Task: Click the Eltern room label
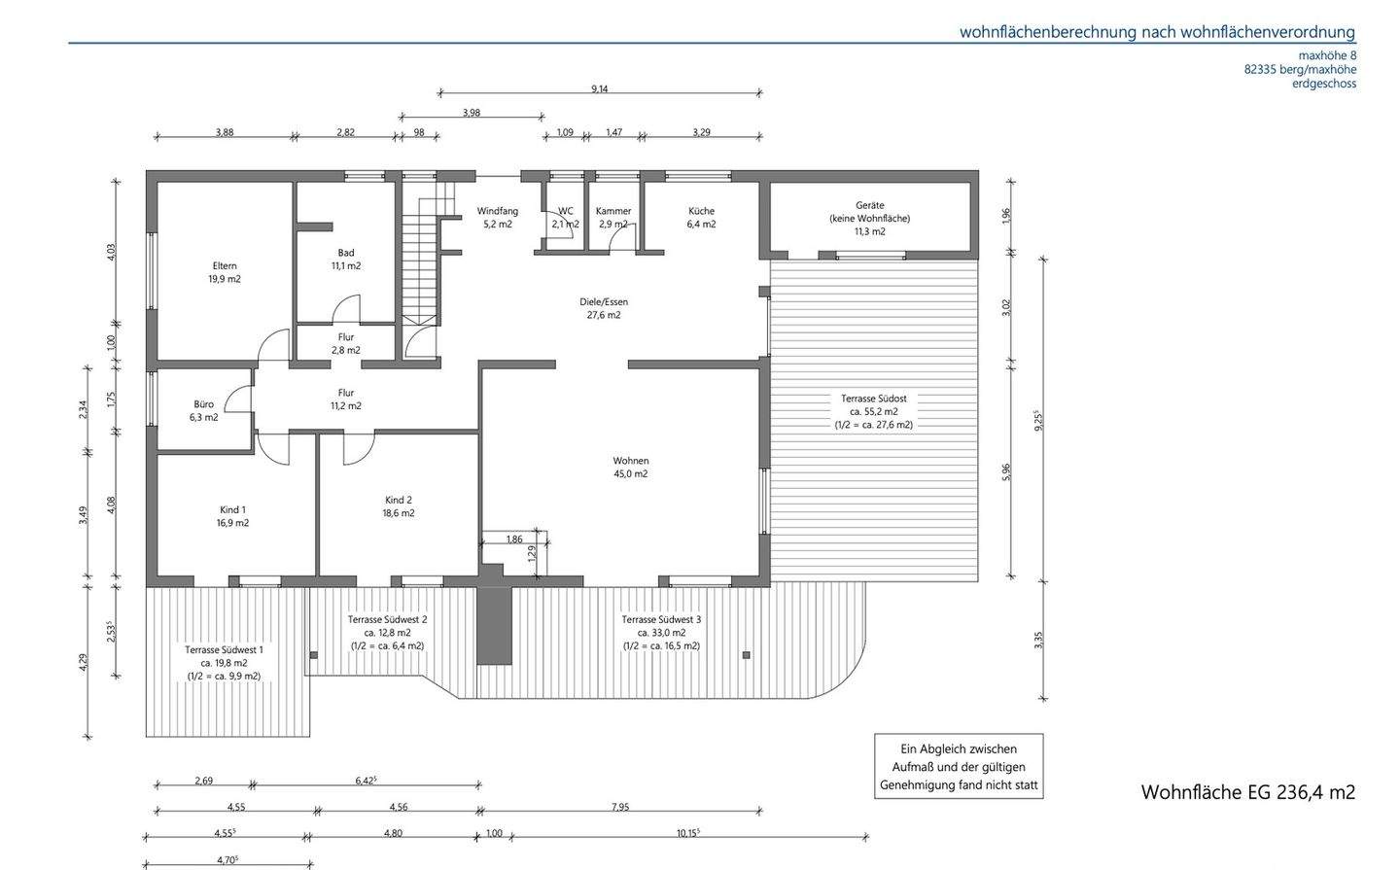click(x=225, y=272)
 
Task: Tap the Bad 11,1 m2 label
click(x=346, y=260)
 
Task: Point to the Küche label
click(x=701, y=218)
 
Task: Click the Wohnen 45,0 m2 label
click(x=631, y=468)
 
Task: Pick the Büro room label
click(x=204, y=410)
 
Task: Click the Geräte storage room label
click(x=870, y=218)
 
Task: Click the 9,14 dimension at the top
click(x=599, y=88)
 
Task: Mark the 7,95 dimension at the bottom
click(x=620, y=807)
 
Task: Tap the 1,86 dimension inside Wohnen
click(x=514, y=539)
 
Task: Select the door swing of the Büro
click(x=238, y=399)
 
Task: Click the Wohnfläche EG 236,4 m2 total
click(x=1248, y=792)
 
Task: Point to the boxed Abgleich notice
click(x=959, y=766)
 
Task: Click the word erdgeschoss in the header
click(x=1324, y=84)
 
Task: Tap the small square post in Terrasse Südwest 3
click(x=746, y=655)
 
